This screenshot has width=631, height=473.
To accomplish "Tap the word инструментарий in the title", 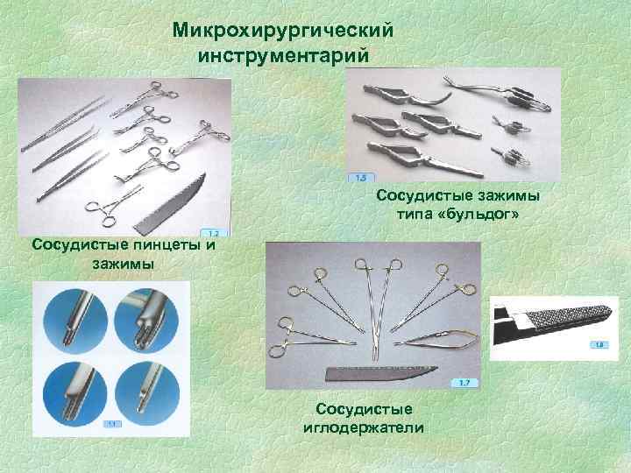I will click(281, 54).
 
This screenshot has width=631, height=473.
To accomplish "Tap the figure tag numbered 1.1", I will click(112, 424).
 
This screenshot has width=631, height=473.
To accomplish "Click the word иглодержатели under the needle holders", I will click(363, 427).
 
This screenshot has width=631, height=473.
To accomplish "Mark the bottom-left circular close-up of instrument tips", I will click(74, 385).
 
